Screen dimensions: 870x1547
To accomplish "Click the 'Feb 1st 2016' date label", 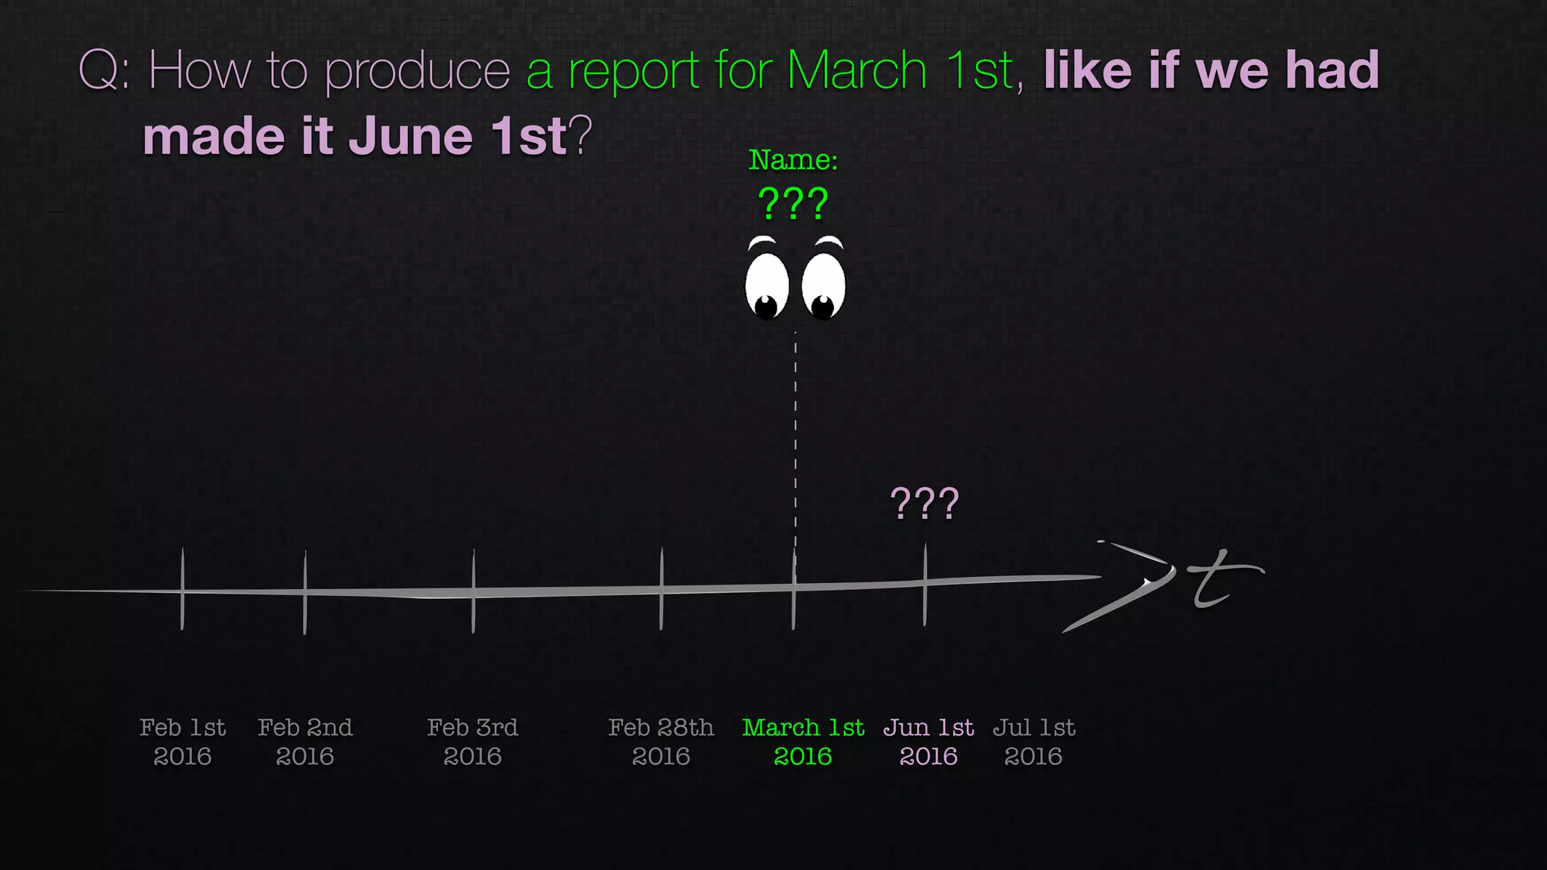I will pos(182,742).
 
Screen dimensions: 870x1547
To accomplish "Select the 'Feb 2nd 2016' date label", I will pos(304,742).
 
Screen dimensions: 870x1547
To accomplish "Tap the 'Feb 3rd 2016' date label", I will pos(472,742).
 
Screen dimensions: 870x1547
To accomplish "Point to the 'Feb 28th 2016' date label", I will pos(661,742).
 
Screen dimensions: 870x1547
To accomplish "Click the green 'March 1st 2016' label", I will pos(803,742).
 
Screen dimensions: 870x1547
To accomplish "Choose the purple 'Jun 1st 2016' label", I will pos(928,742).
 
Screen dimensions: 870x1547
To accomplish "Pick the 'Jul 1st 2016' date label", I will pos(1033,742).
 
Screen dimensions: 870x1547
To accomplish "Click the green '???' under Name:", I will pos(793,204).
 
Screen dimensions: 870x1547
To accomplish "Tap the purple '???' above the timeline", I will pos(925,504).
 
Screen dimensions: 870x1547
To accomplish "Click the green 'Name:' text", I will pos(793,160).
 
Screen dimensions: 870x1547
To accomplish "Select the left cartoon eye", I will pos(767,286).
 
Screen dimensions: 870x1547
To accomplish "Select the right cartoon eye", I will pos(823,286).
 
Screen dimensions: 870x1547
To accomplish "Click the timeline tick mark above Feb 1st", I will pos(182,589).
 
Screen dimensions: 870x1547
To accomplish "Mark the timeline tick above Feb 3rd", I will pos(473,591).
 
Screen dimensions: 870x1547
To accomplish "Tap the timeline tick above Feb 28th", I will pos(661,589).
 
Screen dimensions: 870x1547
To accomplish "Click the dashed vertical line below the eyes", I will pos(795,438).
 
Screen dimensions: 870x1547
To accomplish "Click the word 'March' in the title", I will pos(856,71).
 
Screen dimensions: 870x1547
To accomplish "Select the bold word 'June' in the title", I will pos(410,137).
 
